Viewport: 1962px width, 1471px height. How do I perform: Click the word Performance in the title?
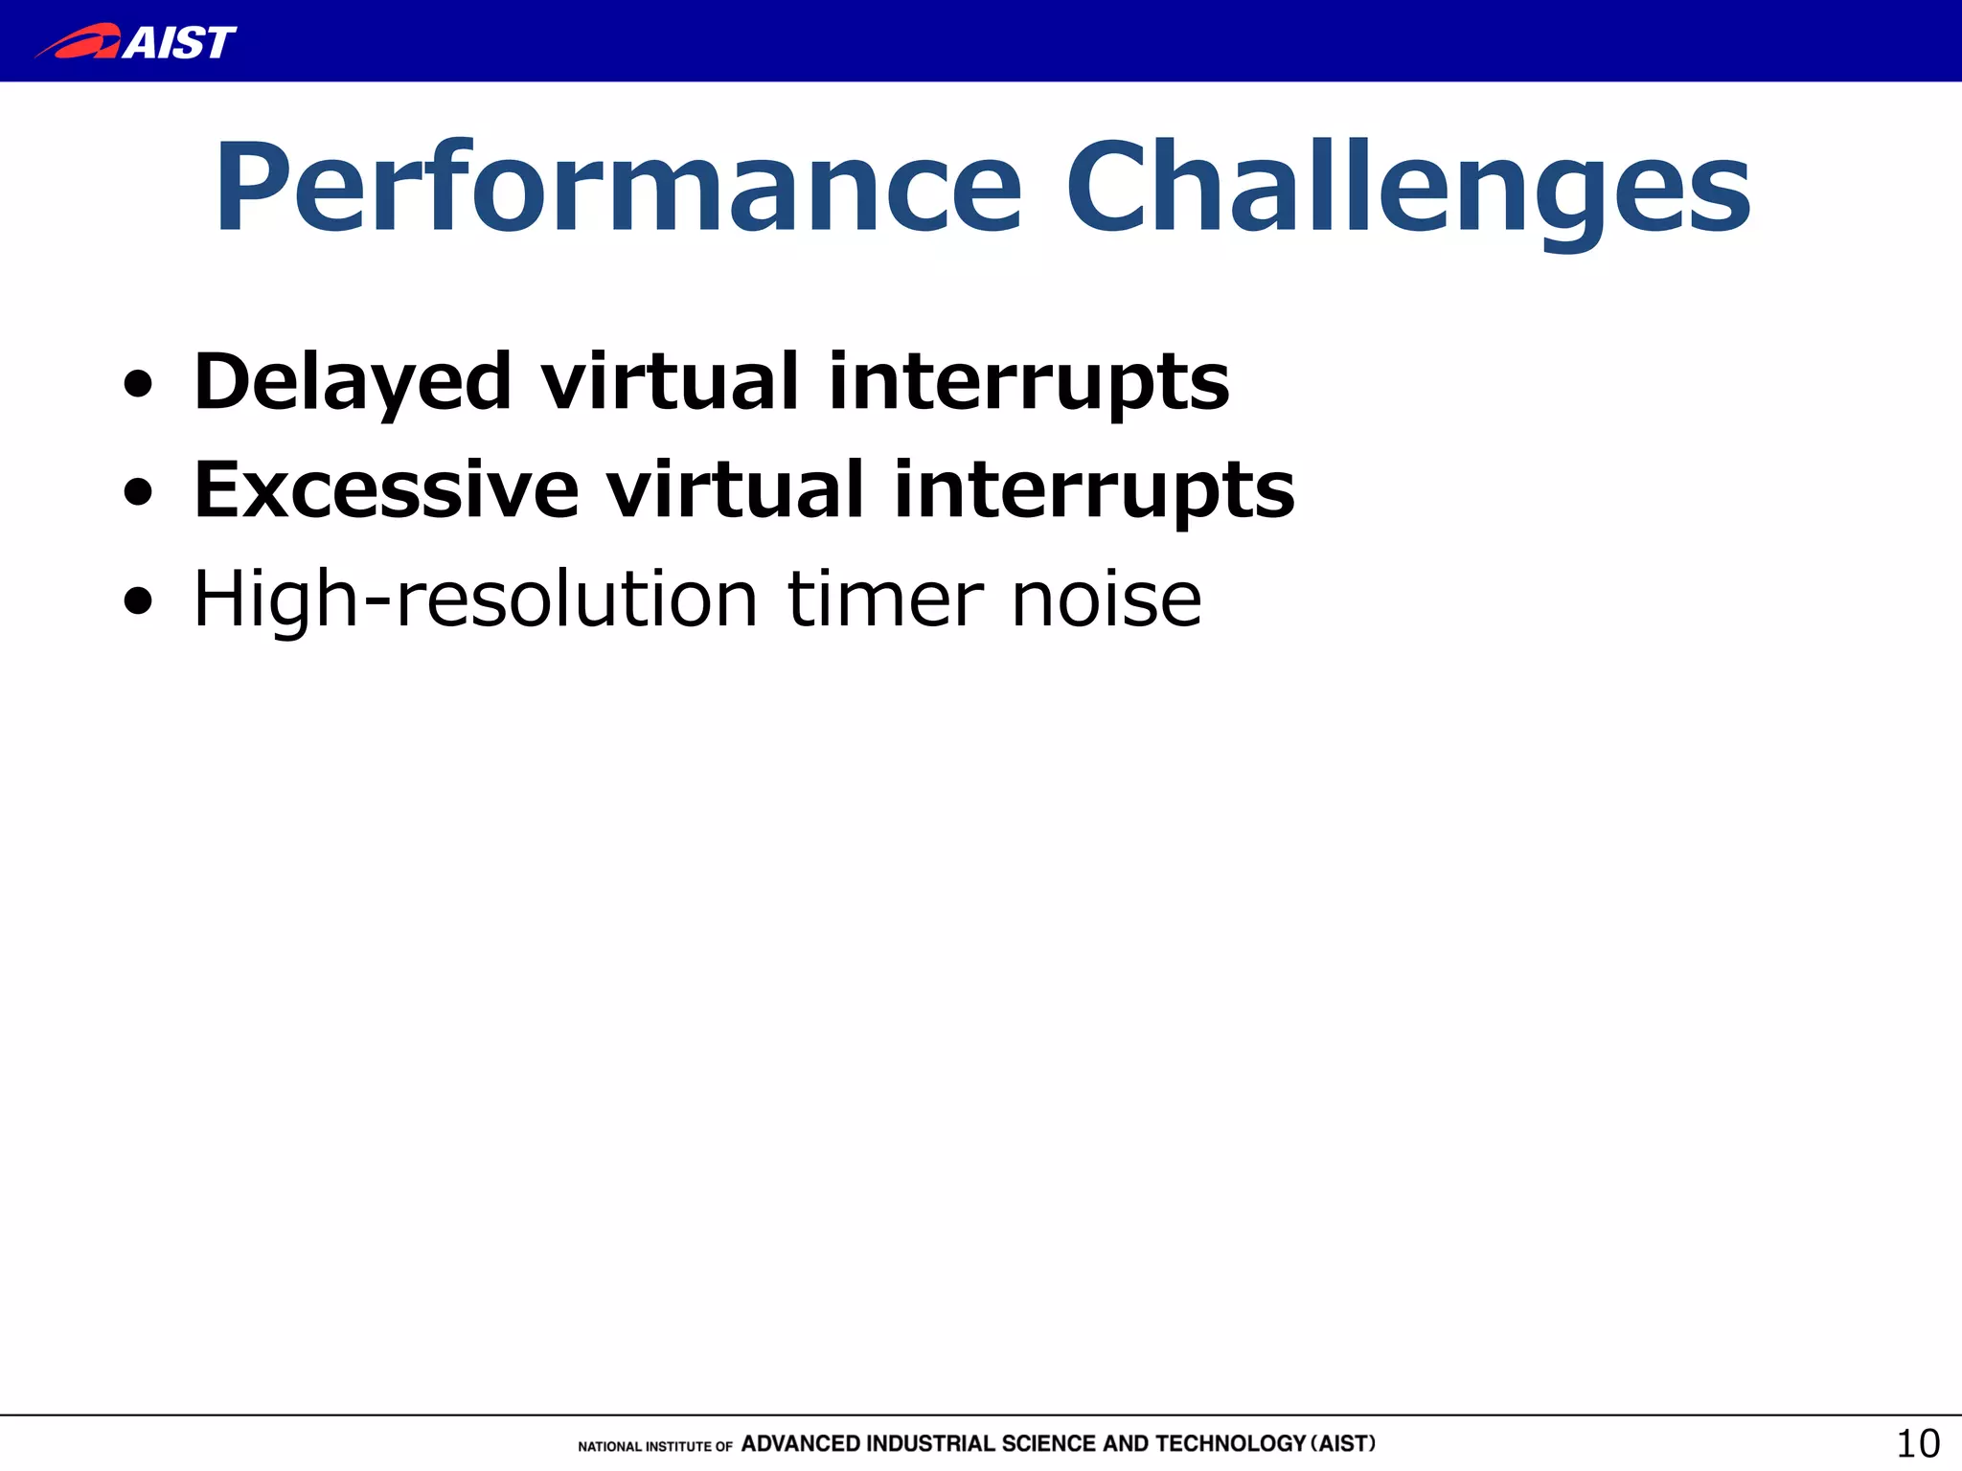tap(619, 188)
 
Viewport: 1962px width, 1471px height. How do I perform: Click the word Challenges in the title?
tap(1408, 188)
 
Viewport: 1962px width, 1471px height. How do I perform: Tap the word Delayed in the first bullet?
tap(353, 382)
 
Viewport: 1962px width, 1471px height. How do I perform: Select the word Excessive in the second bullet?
tap(386, 490)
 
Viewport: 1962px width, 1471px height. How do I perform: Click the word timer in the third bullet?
tap(885, 600)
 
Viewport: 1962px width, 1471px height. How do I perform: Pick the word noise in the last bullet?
tap(1106, 600)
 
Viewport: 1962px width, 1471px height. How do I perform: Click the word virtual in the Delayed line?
tap(670, 382)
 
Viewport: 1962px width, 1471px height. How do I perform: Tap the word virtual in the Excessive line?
tap(735, 490)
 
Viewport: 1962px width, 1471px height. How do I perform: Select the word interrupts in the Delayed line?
tap(1029, 382)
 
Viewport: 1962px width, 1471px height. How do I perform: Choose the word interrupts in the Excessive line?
tap(1094, 490)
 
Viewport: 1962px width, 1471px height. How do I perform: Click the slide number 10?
tap(1918, 1443)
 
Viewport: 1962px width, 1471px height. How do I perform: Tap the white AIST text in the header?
tap(179, 42)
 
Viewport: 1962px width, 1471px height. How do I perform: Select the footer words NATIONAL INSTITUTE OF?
tap(655, 1446)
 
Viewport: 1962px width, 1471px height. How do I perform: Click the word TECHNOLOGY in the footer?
tap(1230, 1443)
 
